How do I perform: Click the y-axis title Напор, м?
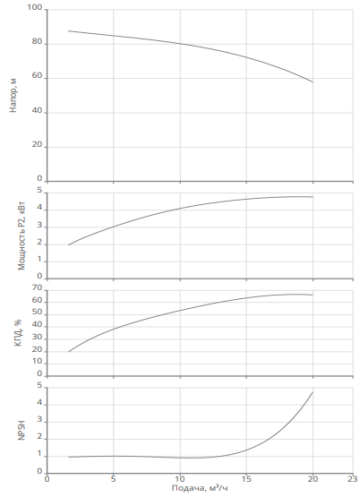click(x=13, y=96)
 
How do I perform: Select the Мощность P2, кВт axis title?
click(x=21, y=236)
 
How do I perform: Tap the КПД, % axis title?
click(x=18, y=333)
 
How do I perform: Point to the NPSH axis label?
click(x=21, y=431)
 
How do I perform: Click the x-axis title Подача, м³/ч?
click(x=200, y=488)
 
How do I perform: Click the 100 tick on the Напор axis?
click(x=35, y=7)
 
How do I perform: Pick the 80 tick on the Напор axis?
click(x=37, y=42)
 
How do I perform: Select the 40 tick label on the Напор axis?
click(x=37, y=110)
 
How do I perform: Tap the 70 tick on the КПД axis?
click(x=37, y=287)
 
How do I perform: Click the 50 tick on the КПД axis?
click(x=37, y=312)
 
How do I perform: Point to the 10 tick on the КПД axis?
click(x=37, y=361)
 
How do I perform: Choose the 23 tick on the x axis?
click(x=353, y=478)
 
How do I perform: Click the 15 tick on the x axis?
click(x=246, y=478)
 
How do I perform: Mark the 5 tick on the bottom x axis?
click(x=114, y=478)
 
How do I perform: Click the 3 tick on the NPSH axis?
click(x=39, y=420)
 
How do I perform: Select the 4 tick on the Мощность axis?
click(x=39, y=208)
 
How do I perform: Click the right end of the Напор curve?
click(x=313, y=82)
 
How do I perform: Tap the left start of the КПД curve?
click(x=68, y=352)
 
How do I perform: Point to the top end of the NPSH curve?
click(x=313, y=392)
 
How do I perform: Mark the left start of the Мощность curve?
click(x=68, y=245)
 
